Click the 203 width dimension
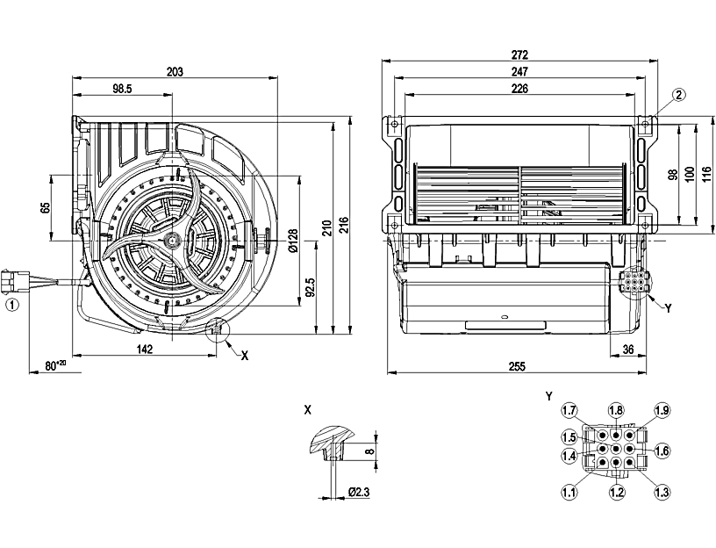[174, 73]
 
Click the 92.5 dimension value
[311, 287]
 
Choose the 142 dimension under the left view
[145, 349]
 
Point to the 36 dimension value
[628, 349]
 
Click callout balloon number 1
[11, 305]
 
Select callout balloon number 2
[680, 94]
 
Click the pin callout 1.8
[616, 411]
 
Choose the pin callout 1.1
[570, 493]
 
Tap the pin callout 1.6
[662, 451]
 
